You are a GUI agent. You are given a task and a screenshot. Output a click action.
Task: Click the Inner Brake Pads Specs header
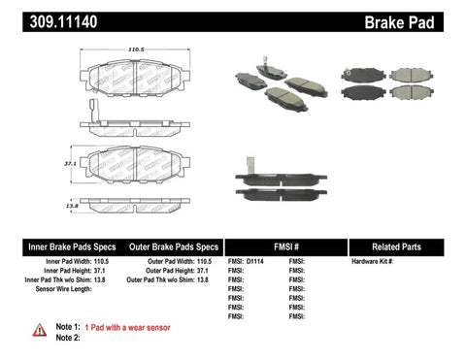(58, 246)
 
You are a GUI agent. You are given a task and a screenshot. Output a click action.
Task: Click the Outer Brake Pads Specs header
(170, 246)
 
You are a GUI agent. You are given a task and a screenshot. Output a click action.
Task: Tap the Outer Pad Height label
(171, 272)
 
